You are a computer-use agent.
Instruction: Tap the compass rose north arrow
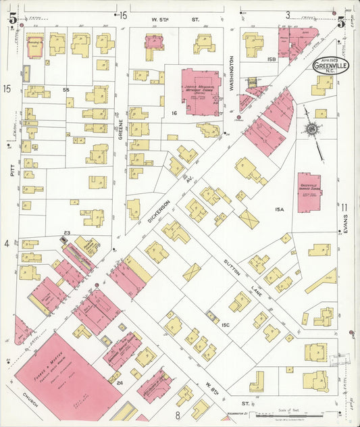(x=311, y=128)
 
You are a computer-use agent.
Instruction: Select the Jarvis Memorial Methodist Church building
(x=201, y=90)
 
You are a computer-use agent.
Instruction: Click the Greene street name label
(x=121, y=128)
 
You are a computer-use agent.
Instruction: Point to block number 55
(x=66, y=89)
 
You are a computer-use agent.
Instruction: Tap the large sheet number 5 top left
(x=12, y=19)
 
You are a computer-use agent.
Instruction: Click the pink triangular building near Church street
(x=22, y=330)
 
